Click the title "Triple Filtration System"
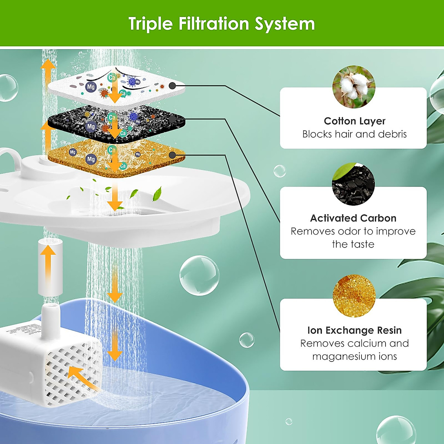coord(222,24)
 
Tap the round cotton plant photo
coord(354,87)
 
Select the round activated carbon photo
coord(353,184)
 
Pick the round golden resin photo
coord(354,296)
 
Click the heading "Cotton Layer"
coord(354,121)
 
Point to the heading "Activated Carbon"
coord(353,218)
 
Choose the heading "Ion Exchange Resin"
coord(354,330)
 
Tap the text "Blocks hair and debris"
coord(354,134)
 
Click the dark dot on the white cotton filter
coord(172,86)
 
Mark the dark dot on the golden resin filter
coord(172,155)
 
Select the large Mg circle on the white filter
coord(91,87)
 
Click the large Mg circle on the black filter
coord(91,127)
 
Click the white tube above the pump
coord(50,267)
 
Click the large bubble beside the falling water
coord(199,275)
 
